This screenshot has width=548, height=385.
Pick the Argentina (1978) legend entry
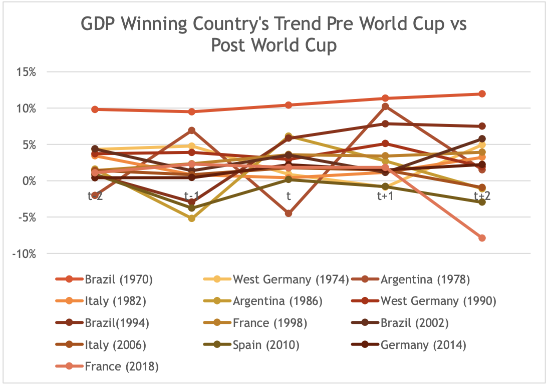pos(425,279)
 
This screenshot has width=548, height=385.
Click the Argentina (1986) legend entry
pos(277,301)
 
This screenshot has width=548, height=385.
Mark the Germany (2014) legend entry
pos(423,344)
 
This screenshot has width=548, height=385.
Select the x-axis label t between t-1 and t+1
pos(289,196)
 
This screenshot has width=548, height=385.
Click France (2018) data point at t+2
pos(482,237)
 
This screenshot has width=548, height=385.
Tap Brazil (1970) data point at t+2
pos(482,94)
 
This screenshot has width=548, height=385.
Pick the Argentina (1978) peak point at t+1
pos(385,106)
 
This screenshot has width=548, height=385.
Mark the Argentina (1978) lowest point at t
pos(289,213)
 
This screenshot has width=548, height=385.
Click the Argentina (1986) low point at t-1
pos(192,218)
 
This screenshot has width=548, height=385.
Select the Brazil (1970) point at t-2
pos(95,109)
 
